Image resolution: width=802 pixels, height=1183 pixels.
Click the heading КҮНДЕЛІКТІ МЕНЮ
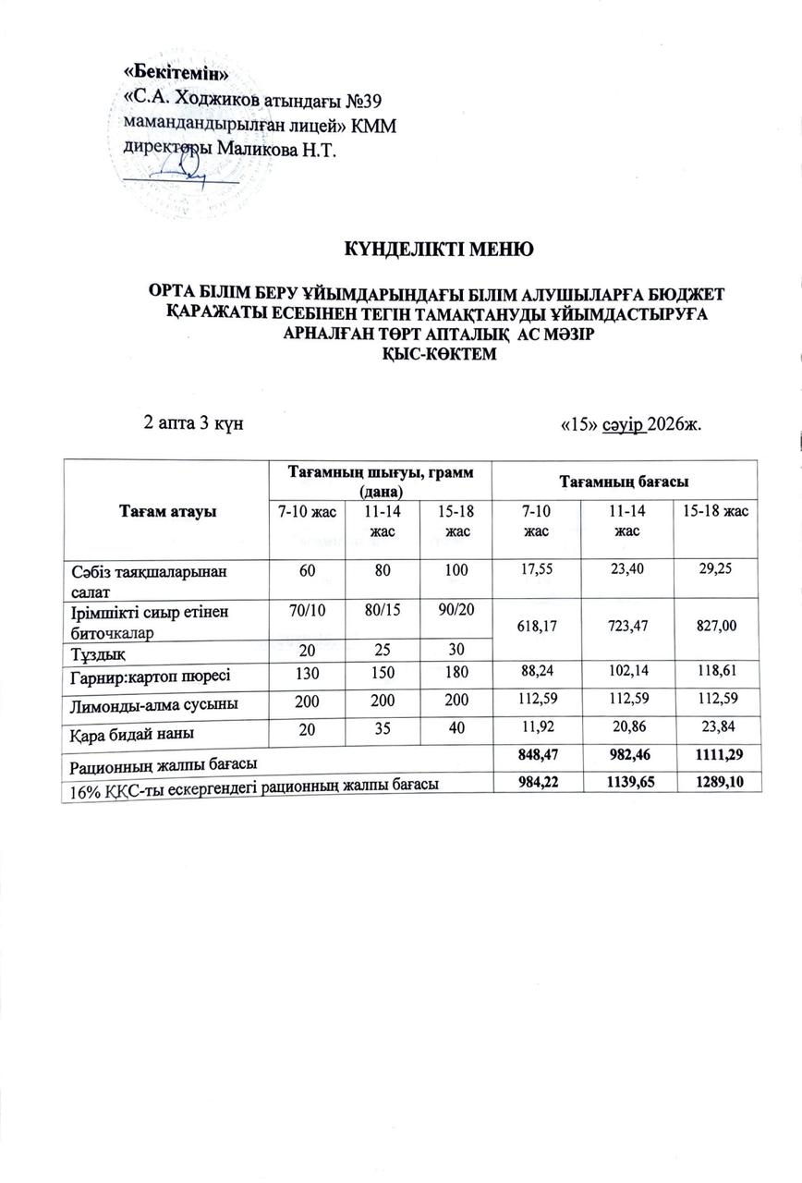pos(438,249)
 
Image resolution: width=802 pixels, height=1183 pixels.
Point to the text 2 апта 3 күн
pos(193,422)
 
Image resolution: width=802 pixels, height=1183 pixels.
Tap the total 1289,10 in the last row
pos(716,784)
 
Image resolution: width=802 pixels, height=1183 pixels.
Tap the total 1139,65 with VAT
pos(626,784)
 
